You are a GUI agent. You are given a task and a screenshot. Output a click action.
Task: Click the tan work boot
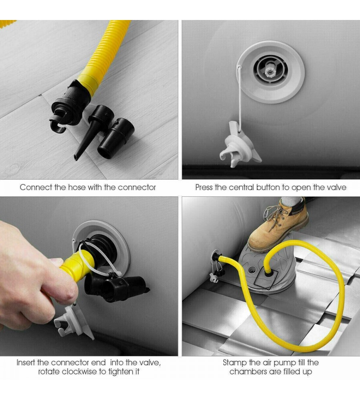[278, 225]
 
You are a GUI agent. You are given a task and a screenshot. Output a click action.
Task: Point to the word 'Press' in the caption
[204, 187]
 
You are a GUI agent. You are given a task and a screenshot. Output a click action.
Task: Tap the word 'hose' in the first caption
[76, 187]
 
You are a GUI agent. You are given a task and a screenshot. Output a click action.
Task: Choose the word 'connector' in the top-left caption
[137, 187]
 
